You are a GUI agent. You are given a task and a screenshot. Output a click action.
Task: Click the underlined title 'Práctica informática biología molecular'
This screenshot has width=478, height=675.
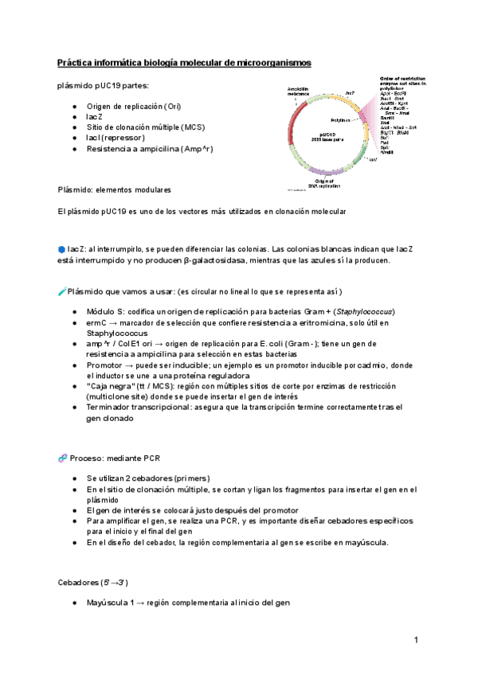coord(184,62)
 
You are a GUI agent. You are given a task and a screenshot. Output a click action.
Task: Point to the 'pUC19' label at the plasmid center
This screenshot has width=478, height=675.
coord(327,134)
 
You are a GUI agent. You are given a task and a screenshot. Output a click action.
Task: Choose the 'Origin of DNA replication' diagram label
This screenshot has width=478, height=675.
coord(329,184)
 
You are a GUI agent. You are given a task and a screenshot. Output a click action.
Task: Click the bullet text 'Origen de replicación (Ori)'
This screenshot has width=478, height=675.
coord(135,107)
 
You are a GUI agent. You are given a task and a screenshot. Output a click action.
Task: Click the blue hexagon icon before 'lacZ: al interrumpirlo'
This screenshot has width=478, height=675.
coord(61,249)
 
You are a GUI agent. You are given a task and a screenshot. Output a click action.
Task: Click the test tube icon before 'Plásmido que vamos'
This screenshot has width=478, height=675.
coord(62,292)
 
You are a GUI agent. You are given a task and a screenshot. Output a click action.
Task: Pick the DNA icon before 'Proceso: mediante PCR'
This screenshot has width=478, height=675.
coord(62,458)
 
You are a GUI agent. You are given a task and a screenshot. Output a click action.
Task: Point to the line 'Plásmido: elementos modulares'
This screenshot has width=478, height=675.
coord(114,190)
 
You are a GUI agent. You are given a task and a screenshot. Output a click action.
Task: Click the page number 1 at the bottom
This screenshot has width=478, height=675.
coord(416,639)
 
